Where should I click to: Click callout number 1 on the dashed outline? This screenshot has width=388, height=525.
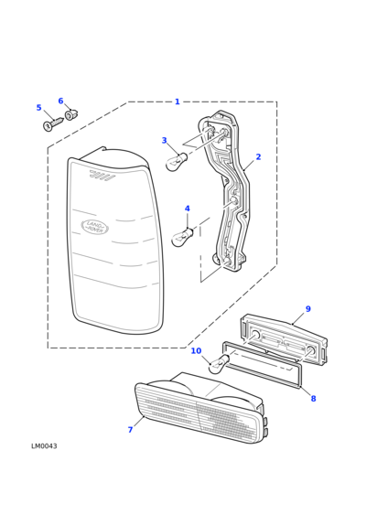pos(178,102)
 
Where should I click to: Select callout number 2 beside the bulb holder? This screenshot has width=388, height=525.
pos(258,156)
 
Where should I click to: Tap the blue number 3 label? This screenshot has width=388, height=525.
pos(164,140)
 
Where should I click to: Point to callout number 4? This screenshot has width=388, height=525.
pos(187,209)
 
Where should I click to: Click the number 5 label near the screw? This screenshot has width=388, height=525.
pos(38,108)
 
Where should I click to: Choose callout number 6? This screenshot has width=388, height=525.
pos(60,101)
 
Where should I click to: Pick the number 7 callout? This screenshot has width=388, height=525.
pos(130,430)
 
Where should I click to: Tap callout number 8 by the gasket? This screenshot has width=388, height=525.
pos(313,399)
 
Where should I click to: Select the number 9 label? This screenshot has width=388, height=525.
pos(308,309)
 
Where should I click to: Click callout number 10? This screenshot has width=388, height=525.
pos(196,350)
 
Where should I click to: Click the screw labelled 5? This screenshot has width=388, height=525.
pos(53,124)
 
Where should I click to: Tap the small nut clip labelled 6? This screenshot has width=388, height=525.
pos(71,114)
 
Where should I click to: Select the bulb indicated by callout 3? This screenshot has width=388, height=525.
pos(177,161)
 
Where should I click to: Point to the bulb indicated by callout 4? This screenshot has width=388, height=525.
pos(182,237)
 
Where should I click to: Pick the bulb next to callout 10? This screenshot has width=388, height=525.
pos(219,365)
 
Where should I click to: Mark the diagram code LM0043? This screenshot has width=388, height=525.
pos(44,446)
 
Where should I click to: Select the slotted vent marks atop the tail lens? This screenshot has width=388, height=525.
pos(102,175)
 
